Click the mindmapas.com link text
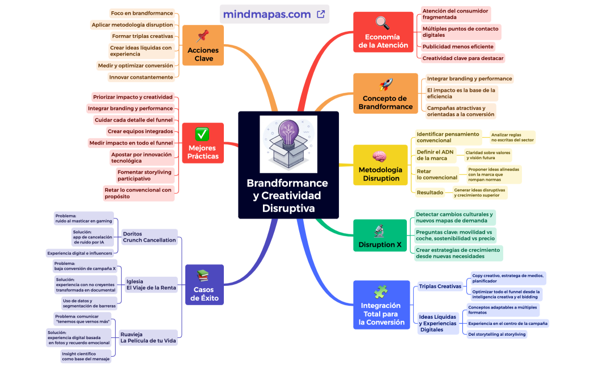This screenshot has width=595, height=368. click(267, 14)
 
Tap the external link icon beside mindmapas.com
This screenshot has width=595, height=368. click(321, 14)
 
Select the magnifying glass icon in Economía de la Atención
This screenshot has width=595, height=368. click(383, 23)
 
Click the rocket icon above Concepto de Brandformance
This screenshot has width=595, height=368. click(385, 85)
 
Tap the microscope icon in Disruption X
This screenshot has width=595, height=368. click(379, 231)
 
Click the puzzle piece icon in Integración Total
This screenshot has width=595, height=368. click(381, 292)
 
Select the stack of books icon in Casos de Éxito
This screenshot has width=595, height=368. click(203, 276)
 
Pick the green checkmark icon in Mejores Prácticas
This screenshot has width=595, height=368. click(202, 134)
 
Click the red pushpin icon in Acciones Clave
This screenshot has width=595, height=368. click(202, 37)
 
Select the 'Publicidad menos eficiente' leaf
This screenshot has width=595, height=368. click(457, 46)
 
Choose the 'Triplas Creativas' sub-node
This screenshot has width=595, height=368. click(440, 286)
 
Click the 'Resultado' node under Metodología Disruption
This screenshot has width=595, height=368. click(430, 192)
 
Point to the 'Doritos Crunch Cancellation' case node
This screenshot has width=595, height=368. click(149, 237)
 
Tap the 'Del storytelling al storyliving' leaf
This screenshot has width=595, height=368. click(497, 334)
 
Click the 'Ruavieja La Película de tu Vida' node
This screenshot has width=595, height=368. click(148, 338)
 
